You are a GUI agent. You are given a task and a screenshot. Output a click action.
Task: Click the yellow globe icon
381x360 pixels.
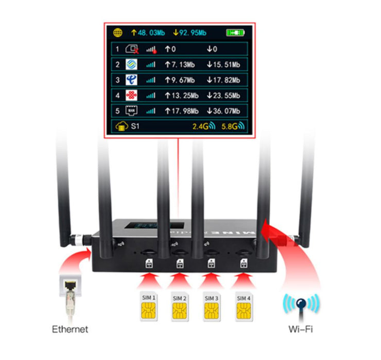click(117, 33)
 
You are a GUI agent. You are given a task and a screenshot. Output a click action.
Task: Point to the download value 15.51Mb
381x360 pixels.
click(223, 65)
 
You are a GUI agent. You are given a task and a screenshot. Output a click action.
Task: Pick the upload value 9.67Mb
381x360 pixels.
click(179, 80)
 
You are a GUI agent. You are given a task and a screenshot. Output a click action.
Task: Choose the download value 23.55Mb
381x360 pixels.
click(223, 96)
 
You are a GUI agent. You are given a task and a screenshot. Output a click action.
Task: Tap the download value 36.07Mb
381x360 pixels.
click(223, 111)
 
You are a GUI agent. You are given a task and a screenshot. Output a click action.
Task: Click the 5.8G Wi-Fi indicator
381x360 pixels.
click(233, 127)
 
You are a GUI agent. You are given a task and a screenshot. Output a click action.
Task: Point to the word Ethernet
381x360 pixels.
click(70, 329)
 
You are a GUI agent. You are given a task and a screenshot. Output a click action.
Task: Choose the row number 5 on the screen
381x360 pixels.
click(117, 111)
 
